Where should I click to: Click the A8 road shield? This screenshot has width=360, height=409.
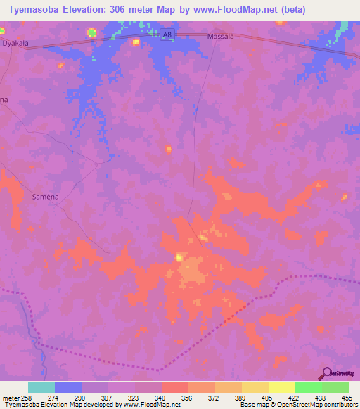166,34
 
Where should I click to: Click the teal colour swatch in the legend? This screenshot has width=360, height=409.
41,387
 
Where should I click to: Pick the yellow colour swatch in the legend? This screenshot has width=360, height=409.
281,387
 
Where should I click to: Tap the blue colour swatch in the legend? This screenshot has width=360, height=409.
68,387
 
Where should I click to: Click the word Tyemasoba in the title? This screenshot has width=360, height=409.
34,9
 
